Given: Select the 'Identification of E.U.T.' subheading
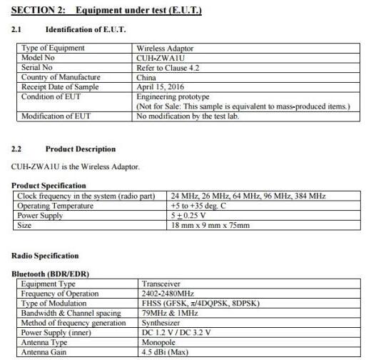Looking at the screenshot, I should [86, 29].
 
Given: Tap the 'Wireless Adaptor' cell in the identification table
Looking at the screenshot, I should [165, 49].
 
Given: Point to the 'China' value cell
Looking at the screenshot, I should [148, 77].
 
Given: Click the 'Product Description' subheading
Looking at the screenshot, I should [80, 149].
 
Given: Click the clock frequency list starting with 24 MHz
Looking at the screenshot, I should [248, 196].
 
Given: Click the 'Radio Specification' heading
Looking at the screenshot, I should [45, 256].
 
